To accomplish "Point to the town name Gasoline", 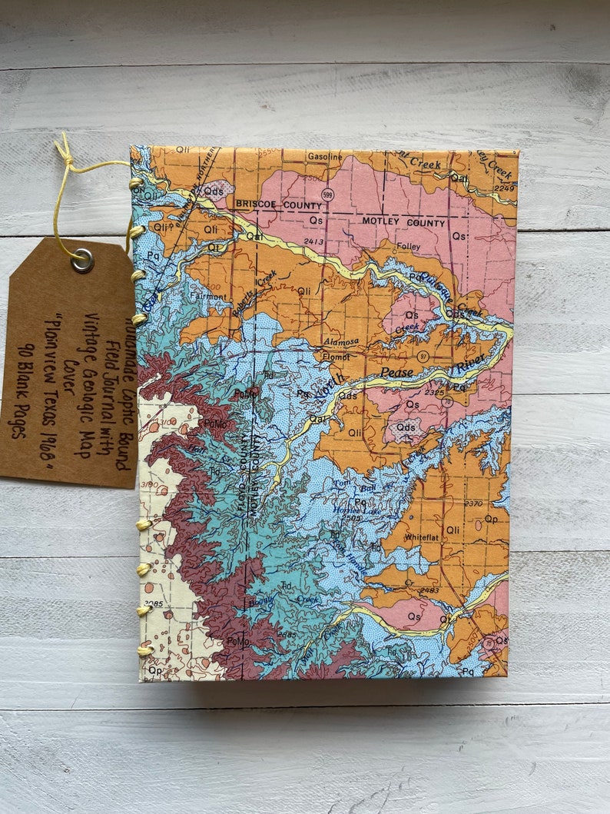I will pos(324,157).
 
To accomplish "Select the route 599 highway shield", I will pos(328,194).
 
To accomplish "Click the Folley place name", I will pos(409,247).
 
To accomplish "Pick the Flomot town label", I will pos(336,357).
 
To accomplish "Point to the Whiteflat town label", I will pos(422,537).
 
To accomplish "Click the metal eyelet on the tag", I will pos(82,261).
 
